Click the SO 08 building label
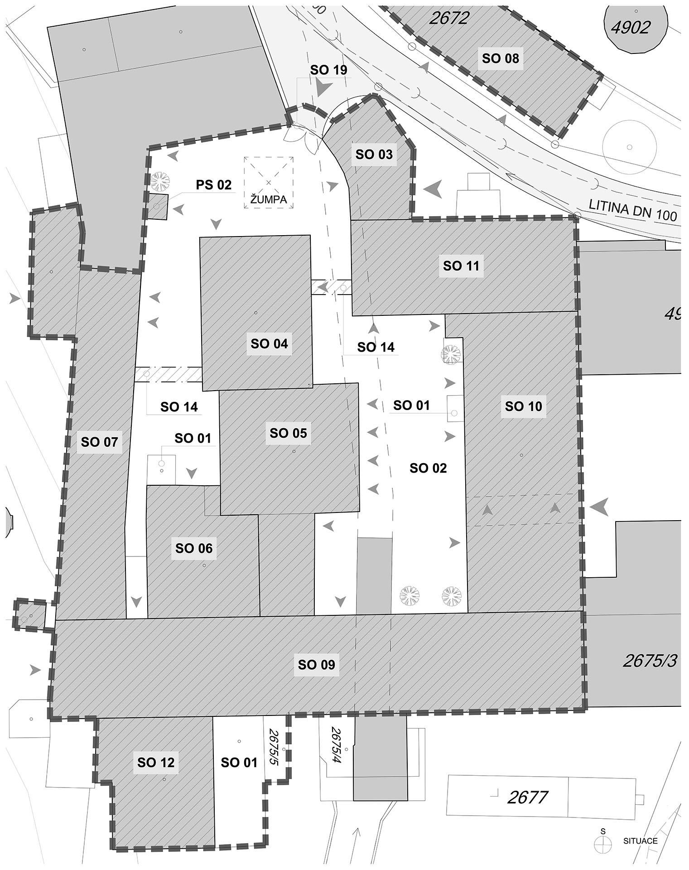point(500,58)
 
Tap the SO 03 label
point(374,155)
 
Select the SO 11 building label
point(461,266)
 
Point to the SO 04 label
point(269,344)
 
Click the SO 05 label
point(288,434)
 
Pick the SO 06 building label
point(194,549)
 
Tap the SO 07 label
point(99,442)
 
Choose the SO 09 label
point(316,665)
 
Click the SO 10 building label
point(523,406)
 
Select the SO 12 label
point(156,763)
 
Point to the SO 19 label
point(328,70)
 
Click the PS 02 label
point(213,185)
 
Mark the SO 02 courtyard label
point(428,468)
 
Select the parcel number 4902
point(631,28)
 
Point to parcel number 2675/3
point(650,661)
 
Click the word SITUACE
point(640,841)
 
